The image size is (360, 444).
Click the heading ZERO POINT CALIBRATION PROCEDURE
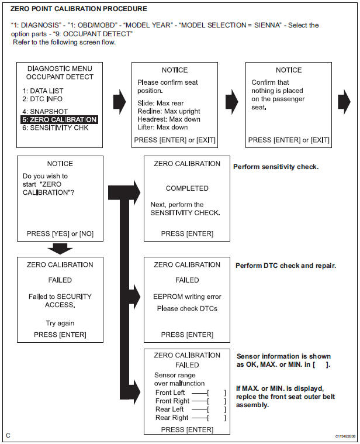click(78, 9)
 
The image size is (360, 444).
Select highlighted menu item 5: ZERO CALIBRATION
click(59, 119)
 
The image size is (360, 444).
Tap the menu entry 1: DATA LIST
click(42, 91)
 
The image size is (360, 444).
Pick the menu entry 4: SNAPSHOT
click(44, 111)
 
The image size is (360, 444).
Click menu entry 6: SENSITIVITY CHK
click(55, 128)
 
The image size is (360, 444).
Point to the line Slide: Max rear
click(161, 103)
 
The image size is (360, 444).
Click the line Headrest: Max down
click(169, 119)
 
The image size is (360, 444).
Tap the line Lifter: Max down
click(163, 128)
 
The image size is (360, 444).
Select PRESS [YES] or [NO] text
click(60, 233)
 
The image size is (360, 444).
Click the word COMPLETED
click(187, 188)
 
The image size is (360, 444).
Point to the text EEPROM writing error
click(187, 297)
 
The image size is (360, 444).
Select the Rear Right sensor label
click(171, 418)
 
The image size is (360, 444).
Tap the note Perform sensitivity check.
click(276, 167)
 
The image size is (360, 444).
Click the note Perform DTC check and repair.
click(285, 266)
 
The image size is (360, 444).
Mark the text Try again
click(60, 323)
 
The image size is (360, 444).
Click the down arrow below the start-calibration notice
click(60, 249)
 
